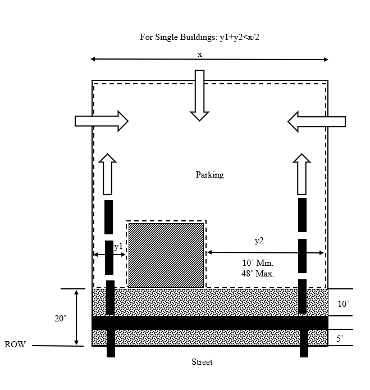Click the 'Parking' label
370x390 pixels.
(209, 175)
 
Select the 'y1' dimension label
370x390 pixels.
(118, 246)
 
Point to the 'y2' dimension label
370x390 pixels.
(259, 241)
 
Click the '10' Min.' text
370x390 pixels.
(258, 264)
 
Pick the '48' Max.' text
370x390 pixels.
(258, 274)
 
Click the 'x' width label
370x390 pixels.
(200, 54)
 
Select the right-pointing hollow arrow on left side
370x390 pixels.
(101, 121)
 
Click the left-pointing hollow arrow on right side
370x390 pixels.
(316, 121)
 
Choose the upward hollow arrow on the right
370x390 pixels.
(302, 174)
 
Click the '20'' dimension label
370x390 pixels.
(60, 319)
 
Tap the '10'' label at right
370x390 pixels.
(343, 303)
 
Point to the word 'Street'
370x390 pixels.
(202, 362)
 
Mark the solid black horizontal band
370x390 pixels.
(209, 323)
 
